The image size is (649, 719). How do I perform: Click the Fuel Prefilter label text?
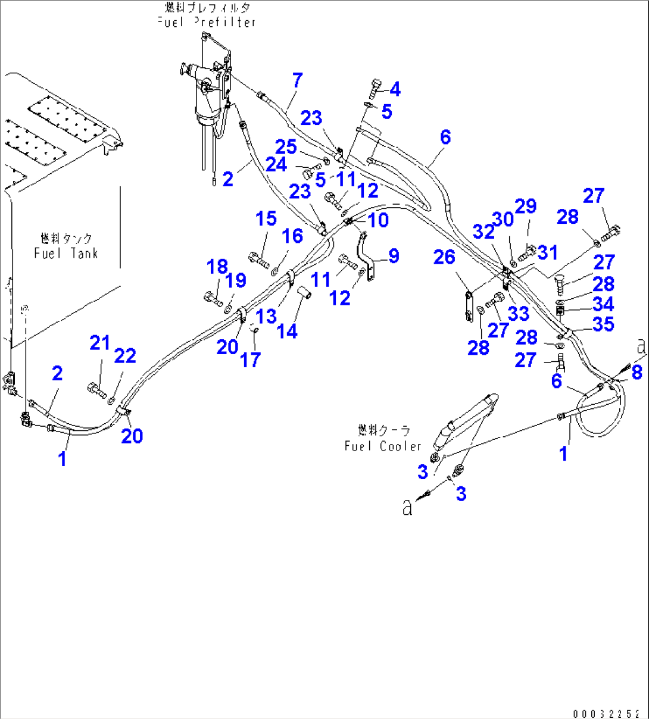207,21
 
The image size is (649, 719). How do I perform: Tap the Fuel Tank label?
65,252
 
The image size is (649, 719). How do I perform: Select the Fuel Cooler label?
382,445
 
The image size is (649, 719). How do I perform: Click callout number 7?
297,80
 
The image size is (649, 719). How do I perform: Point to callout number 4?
395,89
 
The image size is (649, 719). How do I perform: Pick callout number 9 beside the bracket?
394,256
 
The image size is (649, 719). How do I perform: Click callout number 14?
287,331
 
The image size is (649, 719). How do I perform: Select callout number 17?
250,359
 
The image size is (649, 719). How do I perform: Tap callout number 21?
100,343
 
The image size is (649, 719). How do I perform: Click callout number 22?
125,356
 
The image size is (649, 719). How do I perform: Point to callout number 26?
444,257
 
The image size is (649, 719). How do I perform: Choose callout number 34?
603,304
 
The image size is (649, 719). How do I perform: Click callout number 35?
603,324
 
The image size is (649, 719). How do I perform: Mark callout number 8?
636,373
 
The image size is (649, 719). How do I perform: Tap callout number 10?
378,220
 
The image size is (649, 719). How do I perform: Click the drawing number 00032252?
607,714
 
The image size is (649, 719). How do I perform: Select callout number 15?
266,218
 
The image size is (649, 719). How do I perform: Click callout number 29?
526,207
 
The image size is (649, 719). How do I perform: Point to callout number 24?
276,165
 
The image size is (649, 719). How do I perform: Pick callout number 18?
217,267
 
